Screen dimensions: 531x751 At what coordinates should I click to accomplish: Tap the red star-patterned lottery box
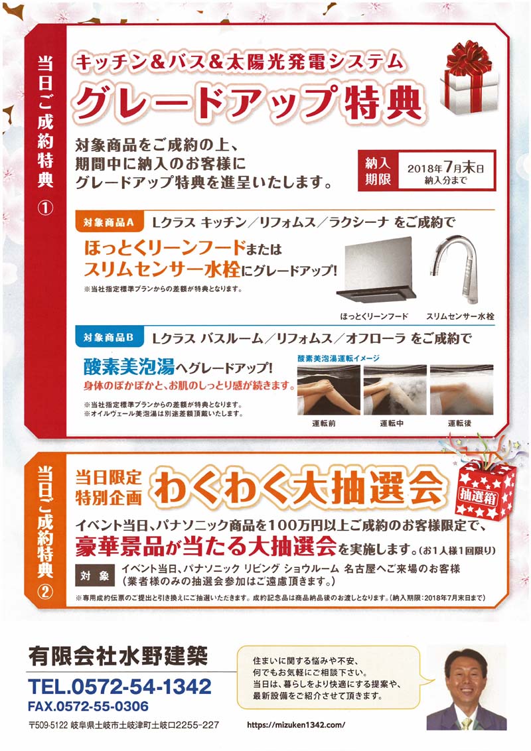[487, 488]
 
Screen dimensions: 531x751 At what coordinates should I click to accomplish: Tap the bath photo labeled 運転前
[329, 389]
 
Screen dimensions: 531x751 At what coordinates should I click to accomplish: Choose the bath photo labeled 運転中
[395, 389]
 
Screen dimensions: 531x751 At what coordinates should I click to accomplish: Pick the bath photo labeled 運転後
[461, 389]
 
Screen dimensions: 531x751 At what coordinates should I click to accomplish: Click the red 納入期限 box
[378, 171]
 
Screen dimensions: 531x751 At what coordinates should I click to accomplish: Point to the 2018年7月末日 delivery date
[445, 168]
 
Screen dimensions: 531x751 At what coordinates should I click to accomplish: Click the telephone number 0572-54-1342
[120, 686]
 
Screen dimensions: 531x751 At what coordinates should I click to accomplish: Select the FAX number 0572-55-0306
[88, 707]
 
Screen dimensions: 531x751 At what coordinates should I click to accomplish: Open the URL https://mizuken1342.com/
[296, 724]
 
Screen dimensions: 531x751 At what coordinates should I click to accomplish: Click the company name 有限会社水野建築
[118, 655]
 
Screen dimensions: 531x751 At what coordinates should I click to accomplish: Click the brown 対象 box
[95, 576]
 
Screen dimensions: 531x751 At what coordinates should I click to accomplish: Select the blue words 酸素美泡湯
[129, 366]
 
